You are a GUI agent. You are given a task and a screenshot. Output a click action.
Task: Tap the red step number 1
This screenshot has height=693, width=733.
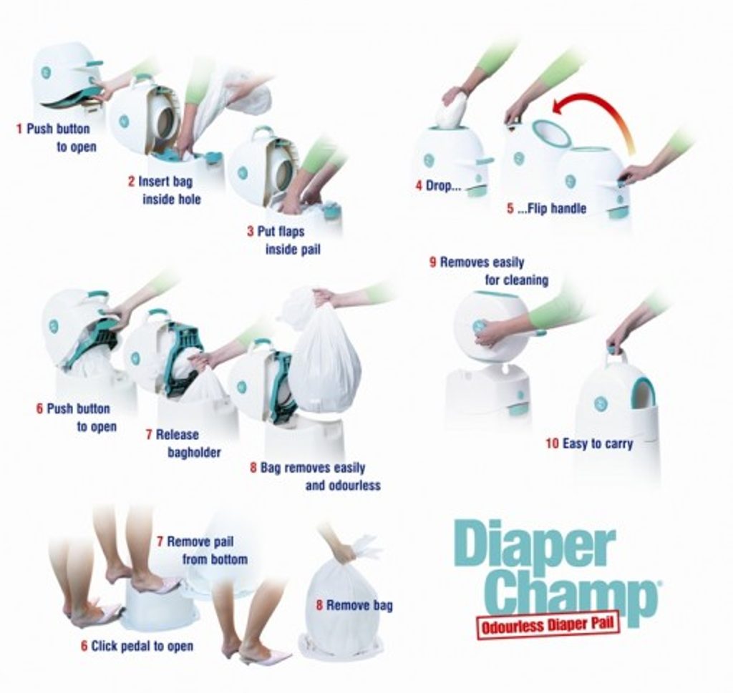19,129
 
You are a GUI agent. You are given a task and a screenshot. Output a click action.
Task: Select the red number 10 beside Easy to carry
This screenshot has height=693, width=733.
552,443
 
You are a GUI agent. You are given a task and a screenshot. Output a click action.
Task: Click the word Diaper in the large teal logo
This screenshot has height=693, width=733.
534,546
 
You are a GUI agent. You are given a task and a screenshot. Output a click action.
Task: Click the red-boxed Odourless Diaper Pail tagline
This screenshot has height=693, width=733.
548,624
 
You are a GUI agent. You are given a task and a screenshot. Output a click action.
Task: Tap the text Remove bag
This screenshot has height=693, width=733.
359,606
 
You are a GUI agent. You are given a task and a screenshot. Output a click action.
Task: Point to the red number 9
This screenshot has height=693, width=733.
433,262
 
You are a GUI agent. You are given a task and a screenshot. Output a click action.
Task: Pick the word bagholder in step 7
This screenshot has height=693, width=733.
194,453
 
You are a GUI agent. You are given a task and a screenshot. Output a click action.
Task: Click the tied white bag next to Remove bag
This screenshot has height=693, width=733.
341,607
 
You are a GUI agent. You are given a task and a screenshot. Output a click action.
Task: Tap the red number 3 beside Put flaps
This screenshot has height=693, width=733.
251,232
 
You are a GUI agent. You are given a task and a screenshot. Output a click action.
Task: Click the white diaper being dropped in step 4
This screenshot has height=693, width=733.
450,110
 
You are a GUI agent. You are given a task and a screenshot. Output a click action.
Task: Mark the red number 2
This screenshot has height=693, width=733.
132,182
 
